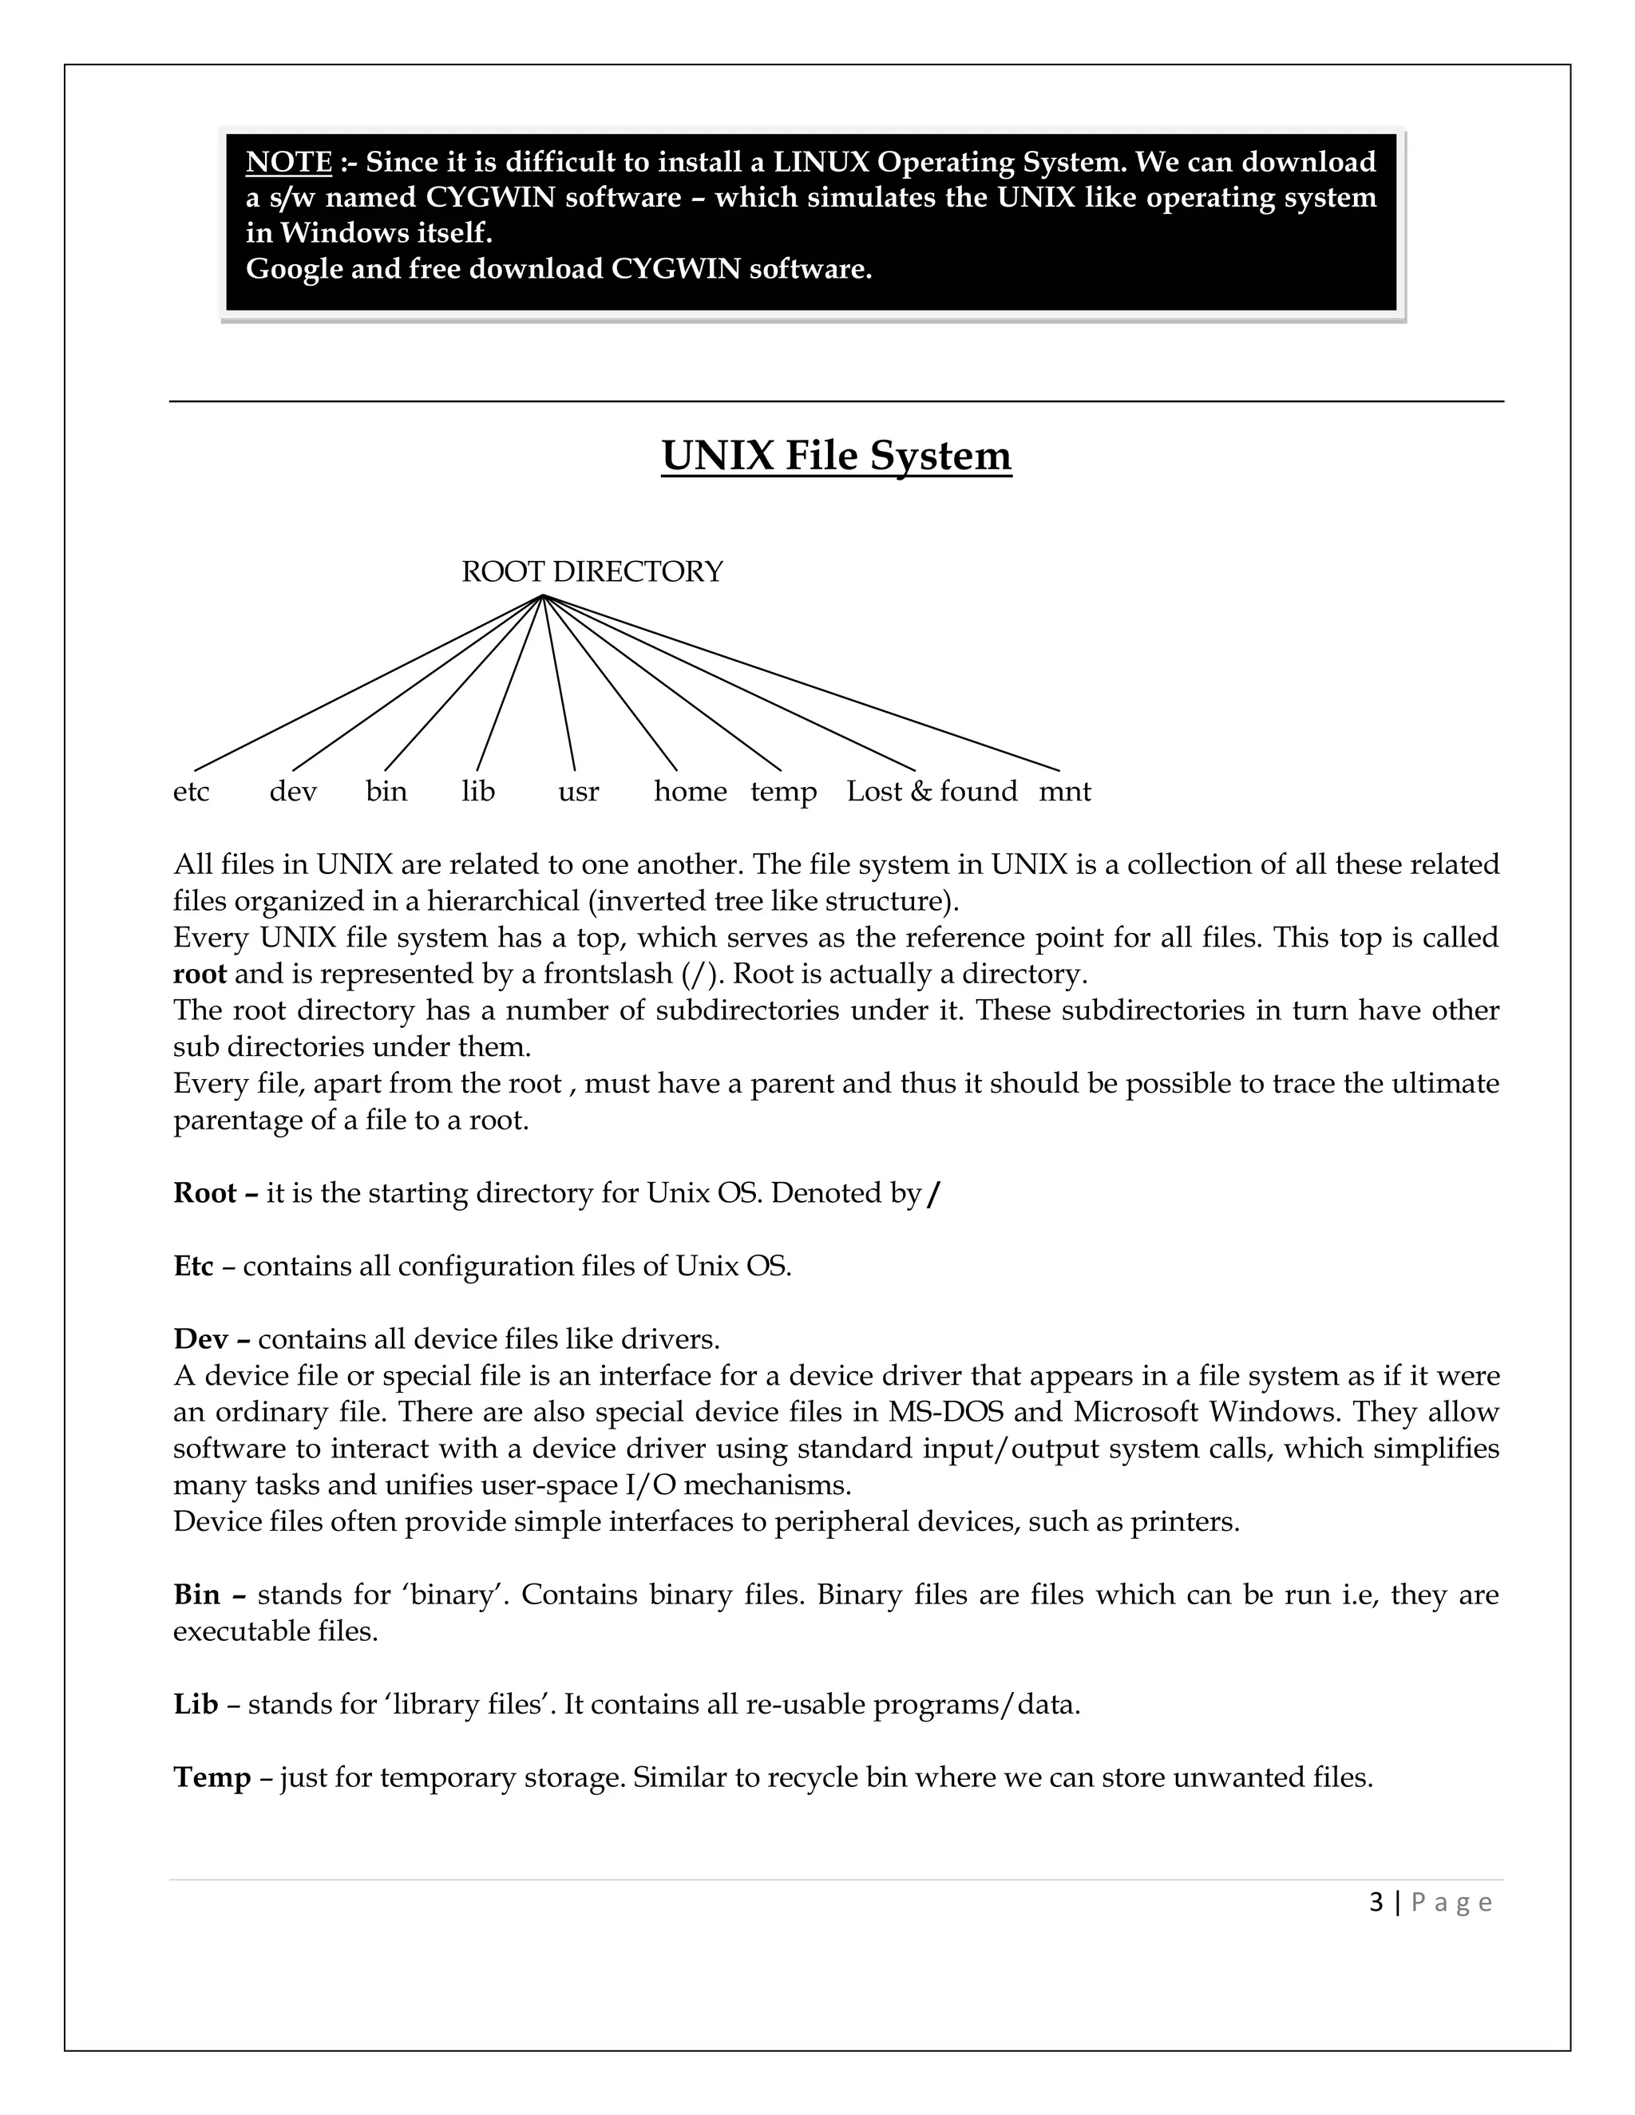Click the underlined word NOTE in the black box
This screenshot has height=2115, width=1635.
(289, 162)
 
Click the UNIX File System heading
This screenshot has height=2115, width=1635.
(836, 455)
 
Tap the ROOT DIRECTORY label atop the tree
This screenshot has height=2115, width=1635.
(592, 571)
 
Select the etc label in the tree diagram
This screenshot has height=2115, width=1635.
(191, 793)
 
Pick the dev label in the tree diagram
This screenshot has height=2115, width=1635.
(292, 793)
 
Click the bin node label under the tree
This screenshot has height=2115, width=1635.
(386, 793)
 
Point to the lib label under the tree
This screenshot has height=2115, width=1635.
(477, 793)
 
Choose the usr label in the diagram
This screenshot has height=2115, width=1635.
(578, 793)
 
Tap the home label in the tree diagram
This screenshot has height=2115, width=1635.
(690, 793)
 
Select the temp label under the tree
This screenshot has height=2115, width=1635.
(784, 793)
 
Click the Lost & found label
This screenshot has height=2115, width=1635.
(932, 793)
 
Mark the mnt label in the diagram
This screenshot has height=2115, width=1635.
(1064, 793)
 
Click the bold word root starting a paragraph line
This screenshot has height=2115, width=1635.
(200, 974)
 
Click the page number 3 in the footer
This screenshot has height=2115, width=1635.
(1376, 1903)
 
